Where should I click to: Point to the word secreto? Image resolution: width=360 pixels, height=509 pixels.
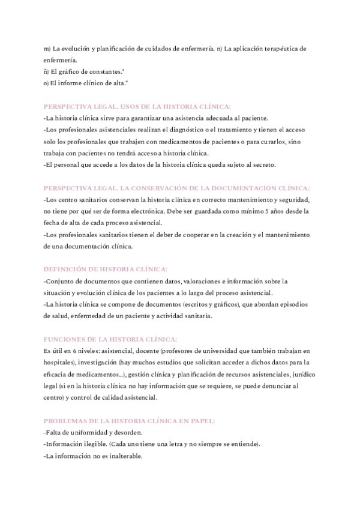point(278,164)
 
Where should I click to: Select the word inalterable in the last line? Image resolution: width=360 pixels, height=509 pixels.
point(123,456)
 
